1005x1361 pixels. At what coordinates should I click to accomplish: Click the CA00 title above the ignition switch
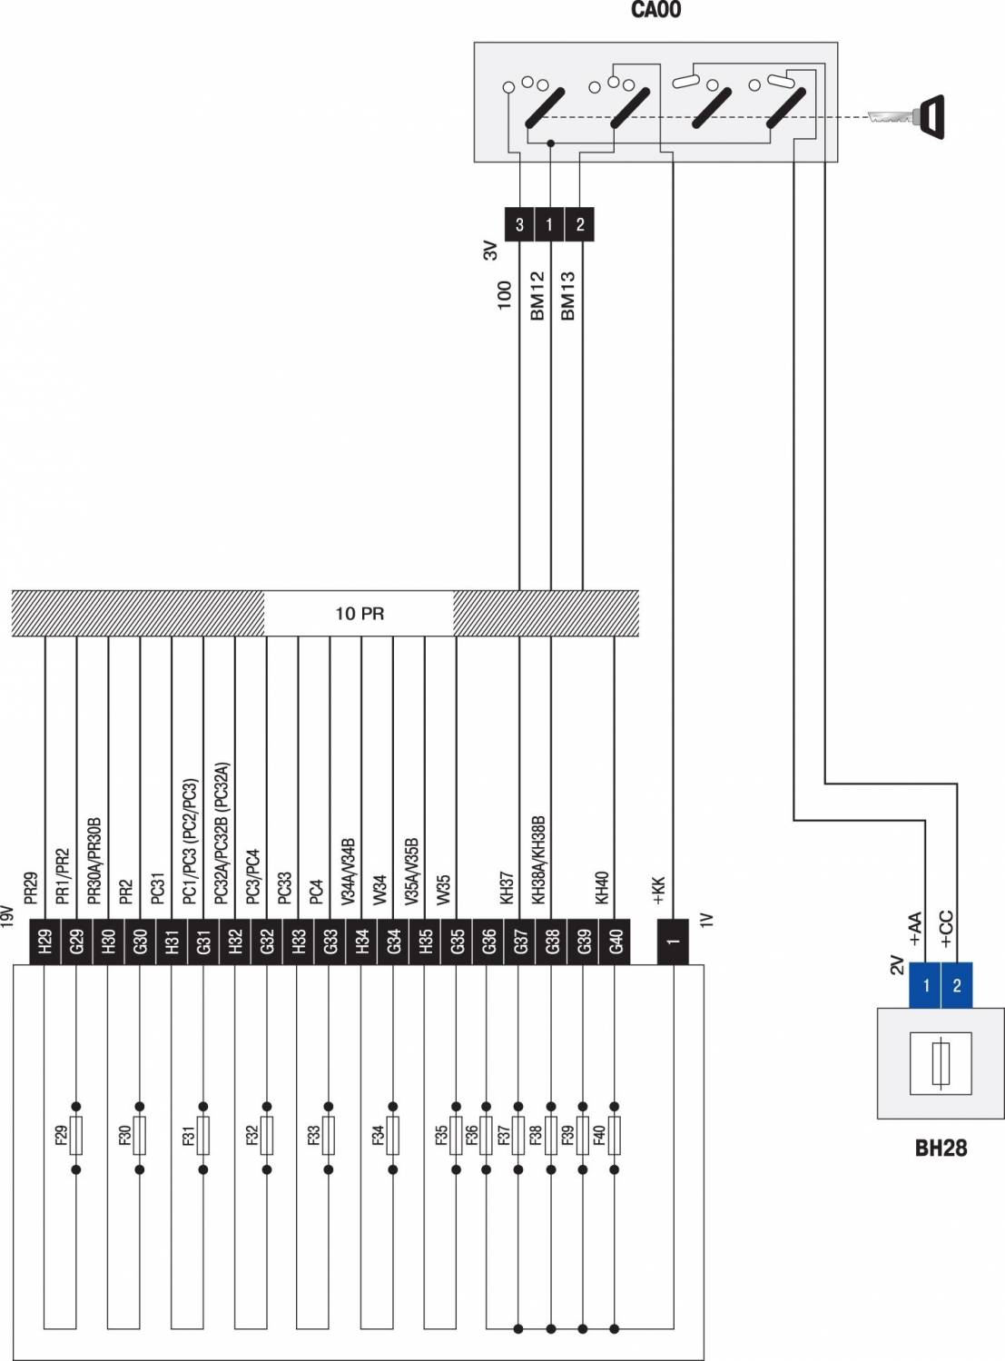(655, 11)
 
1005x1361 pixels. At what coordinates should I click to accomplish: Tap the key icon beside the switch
(908, 117)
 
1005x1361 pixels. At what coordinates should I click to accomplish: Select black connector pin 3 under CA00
(519, 224)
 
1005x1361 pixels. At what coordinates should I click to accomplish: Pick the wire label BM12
(537, 295)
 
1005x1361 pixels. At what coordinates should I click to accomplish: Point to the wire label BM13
(568, 295)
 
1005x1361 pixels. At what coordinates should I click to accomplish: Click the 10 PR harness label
(360, 614)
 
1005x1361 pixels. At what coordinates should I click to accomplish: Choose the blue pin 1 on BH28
(925, 985)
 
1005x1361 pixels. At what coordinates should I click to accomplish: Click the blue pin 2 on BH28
(957, 985)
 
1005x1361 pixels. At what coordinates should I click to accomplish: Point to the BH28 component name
(941, 1149)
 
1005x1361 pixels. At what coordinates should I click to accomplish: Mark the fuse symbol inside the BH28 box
(941, 1061)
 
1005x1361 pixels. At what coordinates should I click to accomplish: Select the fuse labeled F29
(76, 1135)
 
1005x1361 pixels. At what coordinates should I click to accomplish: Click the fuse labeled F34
(393, 1135)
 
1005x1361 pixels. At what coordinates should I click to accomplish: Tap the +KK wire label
(659, 892)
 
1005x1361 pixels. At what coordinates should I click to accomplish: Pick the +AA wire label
(914, 930)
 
